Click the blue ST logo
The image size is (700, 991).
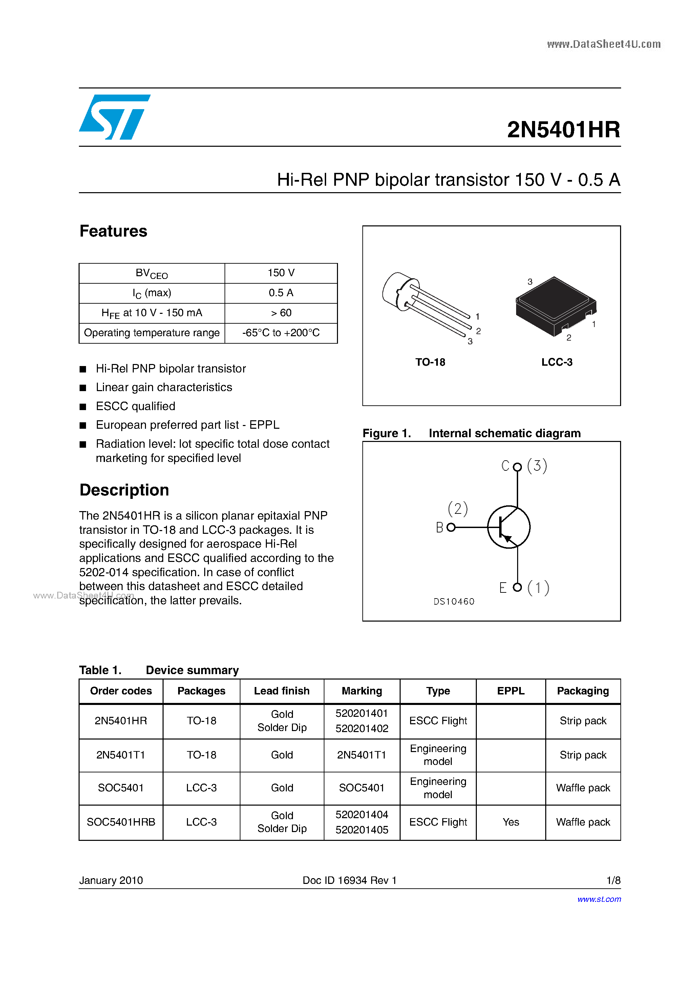tap(114, 117)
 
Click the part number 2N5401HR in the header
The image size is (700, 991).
tap(563, 129)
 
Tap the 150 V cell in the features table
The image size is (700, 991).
tap(281, 273)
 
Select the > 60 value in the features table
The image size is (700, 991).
tap(281, 313)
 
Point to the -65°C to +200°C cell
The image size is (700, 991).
tap(281, 333)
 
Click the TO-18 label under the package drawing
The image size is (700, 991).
tap(430, 362)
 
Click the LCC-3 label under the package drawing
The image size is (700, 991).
tap(556, 362)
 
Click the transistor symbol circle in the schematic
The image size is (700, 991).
tap(509, 527)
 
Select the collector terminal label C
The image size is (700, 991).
tap(505, 466)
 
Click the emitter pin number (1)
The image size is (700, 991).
tap(538, 588)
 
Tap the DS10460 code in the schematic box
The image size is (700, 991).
tap(454, 602)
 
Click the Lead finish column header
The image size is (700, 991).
tap(282, 691)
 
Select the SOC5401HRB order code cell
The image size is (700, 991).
tap(121, 822)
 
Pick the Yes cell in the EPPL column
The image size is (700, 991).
tap(511, 822)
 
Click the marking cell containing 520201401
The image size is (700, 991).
tap(362, 721)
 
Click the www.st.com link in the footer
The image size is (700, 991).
tap(599, 899)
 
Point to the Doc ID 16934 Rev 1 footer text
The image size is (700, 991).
tap(349, 881)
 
